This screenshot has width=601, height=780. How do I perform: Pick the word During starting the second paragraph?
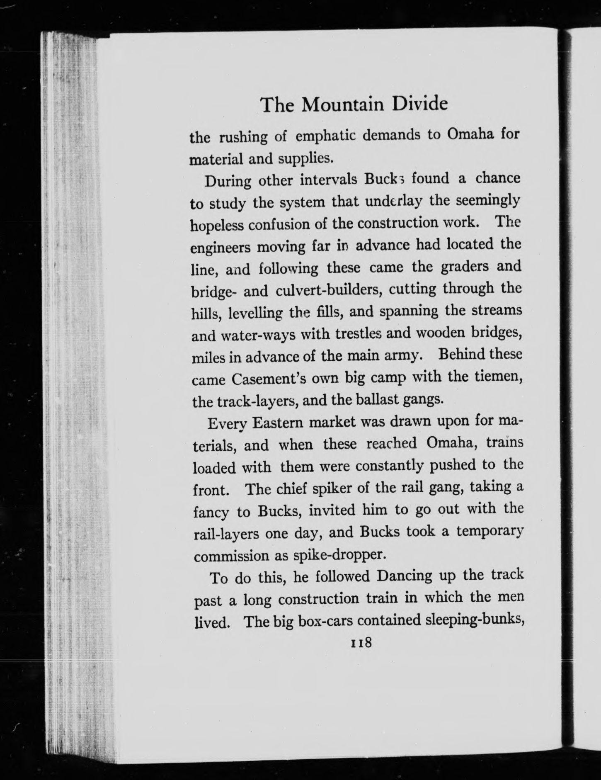pyautogui.click(x=228, y=181)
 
